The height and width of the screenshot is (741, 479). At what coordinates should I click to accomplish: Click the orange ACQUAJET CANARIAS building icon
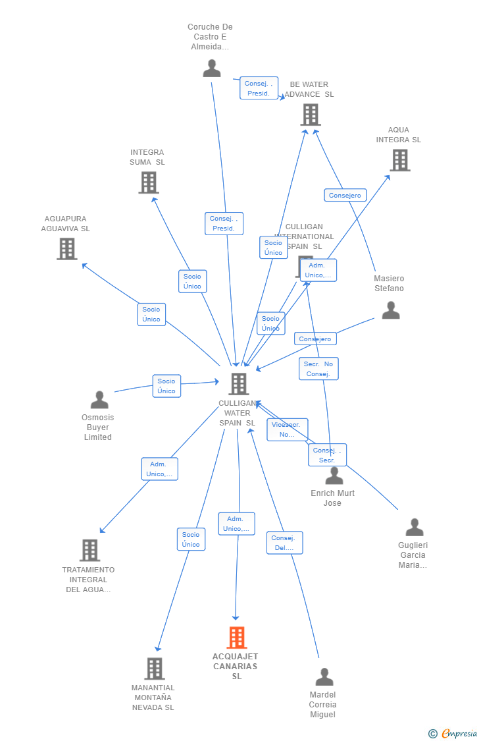tap(237, 638)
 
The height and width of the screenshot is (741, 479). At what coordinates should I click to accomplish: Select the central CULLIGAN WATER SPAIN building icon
tap(238, 384)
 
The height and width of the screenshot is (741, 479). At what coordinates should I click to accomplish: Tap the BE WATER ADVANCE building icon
tap(311, 115)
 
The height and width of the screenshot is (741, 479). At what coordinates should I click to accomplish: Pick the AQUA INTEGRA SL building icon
tap(399, 160)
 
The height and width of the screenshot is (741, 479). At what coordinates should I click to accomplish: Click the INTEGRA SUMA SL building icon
tap(149, 182)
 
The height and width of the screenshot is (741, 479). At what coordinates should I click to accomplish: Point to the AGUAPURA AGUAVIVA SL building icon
tap(66, 249)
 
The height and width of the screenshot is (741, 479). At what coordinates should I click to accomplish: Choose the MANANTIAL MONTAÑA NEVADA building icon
tap(154, 669)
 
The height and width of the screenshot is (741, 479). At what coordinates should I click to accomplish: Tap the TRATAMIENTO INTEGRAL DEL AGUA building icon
tap(89, 550)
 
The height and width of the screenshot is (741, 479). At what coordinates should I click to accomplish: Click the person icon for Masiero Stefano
tap(391, 310)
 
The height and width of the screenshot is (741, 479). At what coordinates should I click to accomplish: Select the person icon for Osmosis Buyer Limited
tap(99, 400)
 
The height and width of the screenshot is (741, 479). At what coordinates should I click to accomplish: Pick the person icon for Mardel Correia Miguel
tap(324, 677)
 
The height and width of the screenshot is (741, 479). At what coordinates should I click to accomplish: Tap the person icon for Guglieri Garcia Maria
tap(415, 528)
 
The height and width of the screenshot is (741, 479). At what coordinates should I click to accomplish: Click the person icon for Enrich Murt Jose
tap(334, 476)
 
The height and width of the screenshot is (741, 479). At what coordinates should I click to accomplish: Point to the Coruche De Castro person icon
tap(212, 68)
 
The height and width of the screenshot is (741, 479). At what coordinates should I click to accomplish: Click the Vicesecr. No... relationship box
tap(288, 429)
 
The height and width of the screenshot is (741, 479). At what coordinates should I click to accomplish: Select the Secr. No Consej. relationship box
tap(318, 369)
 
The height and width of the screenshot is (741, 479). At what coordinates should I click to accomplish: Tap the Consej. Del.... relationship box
tap(284, 543)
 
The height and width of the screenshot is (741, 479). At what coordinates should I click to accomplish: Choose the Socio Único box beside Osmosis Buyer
tap(166, 386)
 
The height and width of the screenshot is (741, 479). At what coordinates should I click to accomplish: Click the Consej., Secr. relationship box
tap(327, 455)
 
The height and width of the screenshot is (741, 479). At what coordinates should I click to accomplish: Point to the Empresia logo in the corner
tap(453, 733)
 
